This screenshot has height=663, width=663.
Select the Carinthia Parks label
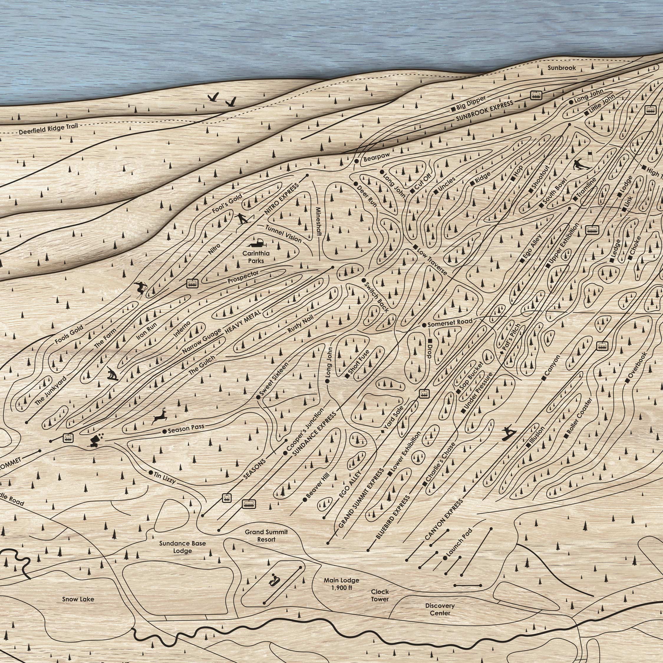(256, 257)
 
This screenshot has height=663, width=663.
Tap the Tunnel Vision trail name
(283, 233)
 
